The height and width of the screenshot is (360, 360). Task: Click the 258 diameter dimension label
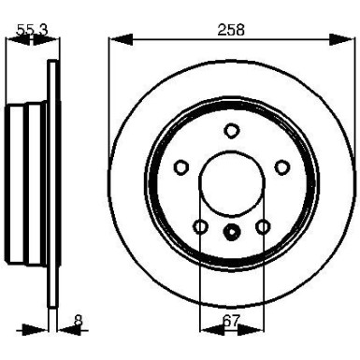[231, 29]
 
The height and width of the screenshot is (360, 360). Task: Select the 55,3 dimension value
[33, 29]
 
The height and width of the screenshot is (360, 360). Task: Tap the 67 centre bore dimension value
[231, 320]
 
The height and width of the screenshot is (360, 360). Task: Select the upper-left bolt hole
[181, 167]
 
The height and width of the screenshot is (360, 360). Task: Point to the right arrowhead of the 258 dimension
[347, 40]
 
